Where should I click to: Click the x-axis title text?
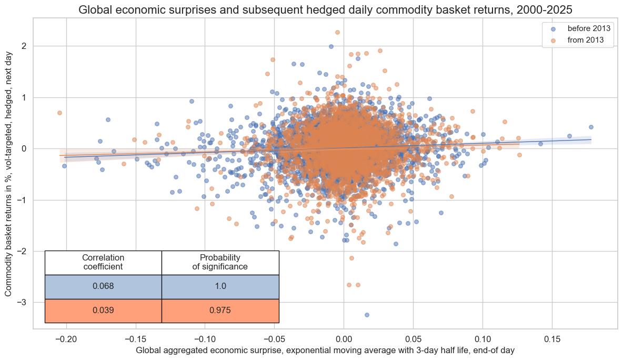tap(325, 350)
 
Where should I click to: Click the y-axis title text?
tap(10, 174)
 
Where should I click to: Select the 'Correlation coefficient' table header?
tap(103, 262)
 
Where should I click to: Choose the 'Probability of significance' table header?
tap(220, 262)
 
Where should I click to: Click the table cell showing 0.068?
tap(103, 286)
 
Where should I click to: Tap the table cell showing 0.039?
tap(103, 311)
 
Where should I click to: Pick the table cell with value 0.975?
tap(220, 311)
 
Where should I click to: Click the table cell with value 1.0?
tap(220, 286)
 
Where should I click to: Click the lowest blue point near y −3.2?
tap(367, 315)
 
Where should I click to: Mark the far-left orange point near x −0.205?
tap(59, 113)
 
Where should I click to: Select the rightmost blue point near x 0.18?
tap(591, 127)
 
